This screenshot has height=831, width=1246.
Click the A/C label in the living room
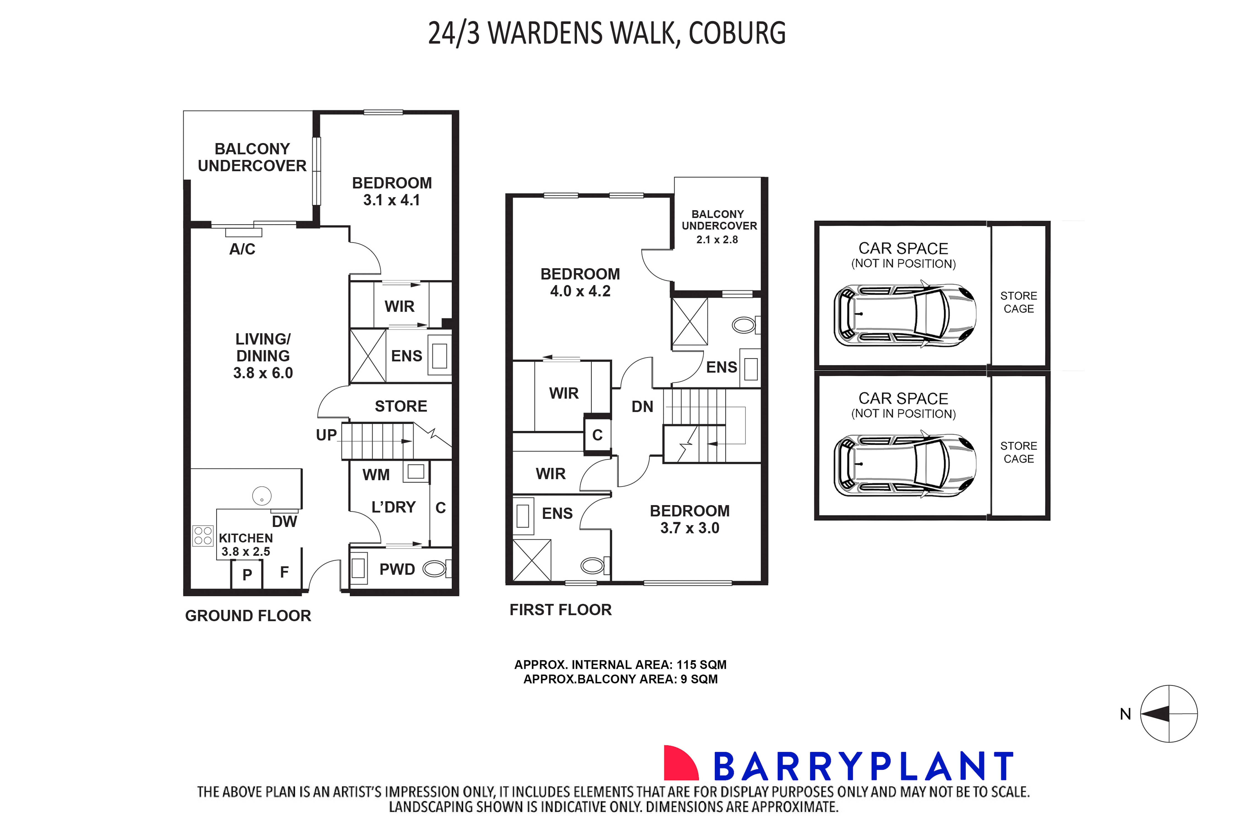tap(242, 249)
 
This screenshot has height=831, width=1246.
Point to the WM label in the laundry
tap(376, 475)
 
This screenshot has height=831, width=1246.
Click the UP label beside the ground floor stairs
tap(326, 435)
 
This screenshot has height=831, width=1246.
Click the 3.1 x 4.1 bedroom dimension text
tap(392, 200)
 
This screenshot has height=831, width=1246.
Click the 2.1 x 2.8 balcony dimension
tap(717, 240)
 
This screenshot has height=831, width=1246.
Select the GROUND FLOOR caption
tap(248, 616)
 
